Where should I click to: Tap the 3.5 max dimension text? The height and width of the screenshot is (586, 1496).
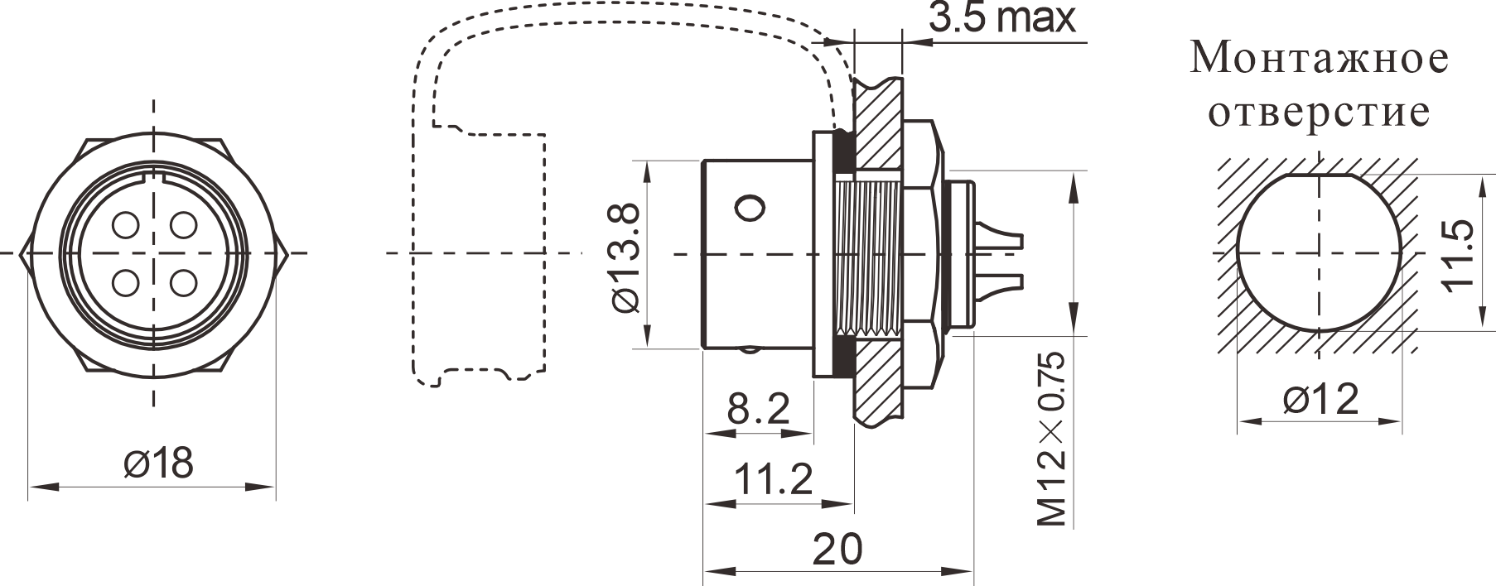1001,17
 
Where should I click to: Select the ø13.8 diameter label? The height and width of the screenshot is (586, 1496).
625,259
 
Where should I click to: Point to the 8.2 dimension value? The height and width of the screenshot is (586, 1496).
758,409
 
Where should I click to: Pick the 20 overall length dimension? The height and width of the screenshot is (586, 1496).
837,548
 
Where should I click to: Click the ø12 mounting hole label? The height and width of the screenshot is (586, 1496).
1320,400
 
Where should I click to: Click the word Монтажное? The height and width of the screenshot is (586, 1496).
1320,59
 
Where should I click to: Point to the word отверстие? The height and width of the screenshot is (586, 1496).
1319,112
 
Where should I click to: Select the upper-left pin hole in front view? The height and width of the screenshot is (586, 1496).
126,224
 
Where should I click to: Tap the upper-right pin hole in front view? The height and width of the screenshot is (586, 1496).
181,224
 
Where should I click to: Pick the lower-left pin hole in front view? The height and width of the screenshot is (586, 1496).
126,282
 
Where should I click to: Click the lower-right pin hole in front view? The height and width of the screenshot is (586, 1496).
181,282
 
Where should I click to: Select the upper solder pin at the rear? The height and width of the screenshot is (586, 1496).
998,235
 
